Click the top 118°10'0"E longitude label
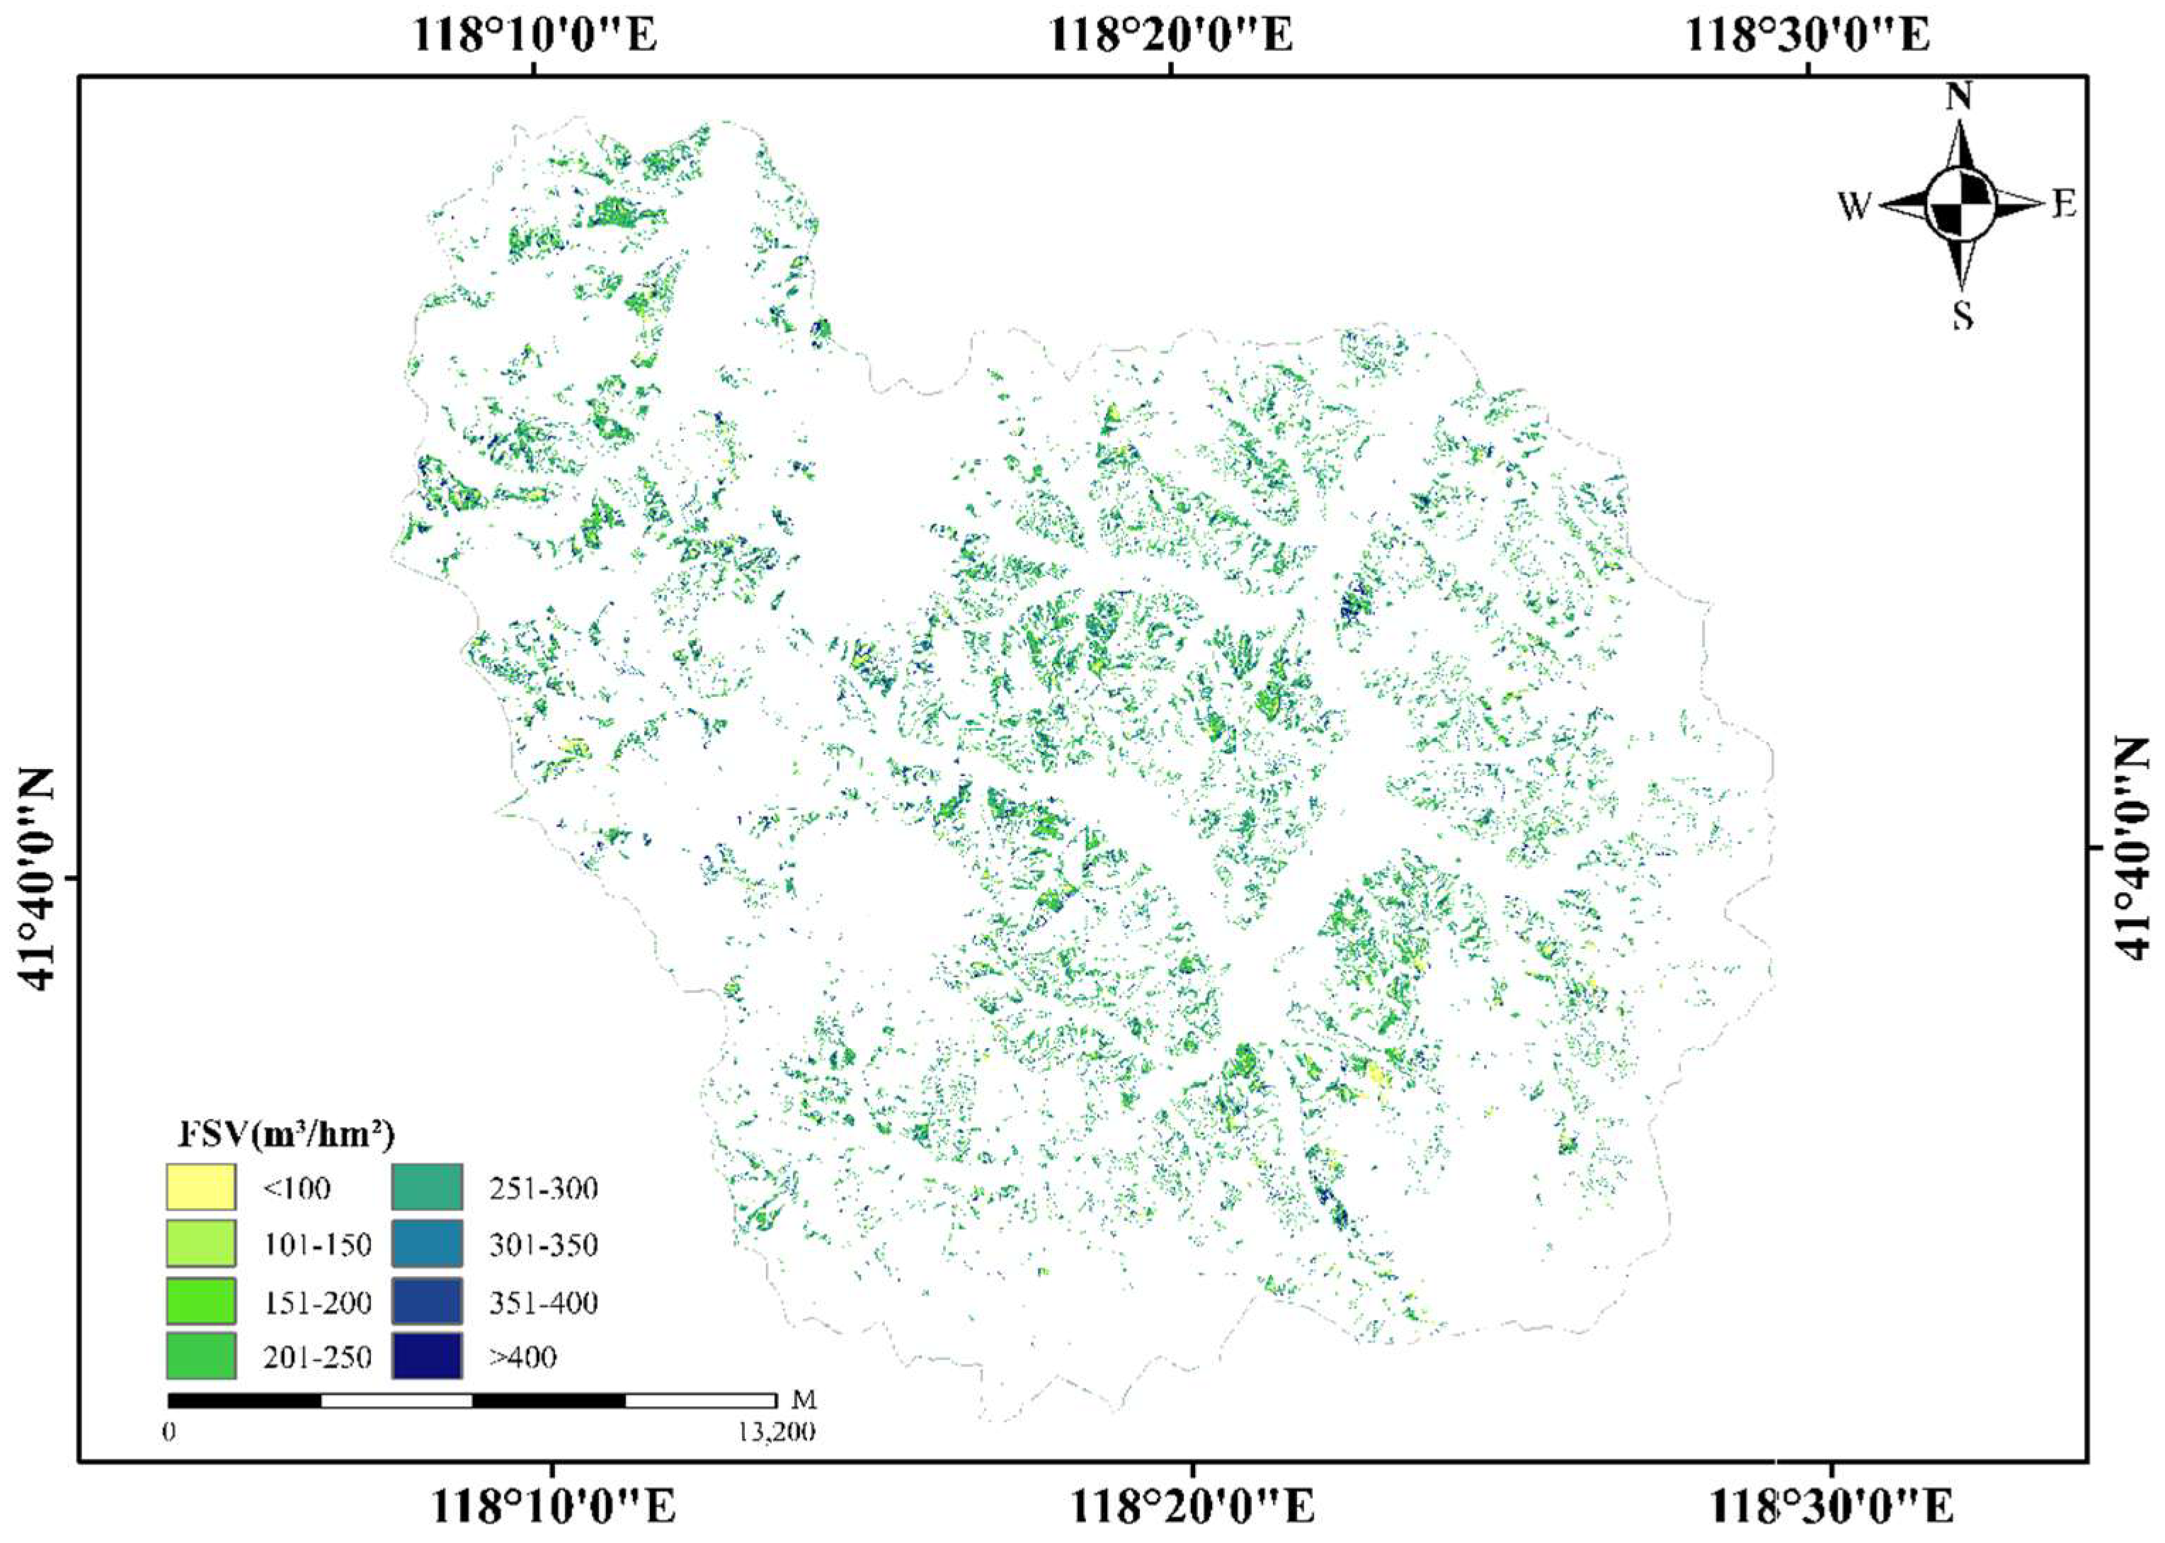pyautogui.click(x=534, y=35)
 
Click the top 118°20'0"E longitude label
pyautogui.click(x=1170, y=35)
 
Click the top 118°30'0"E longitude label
pyautogui.click(x=1807, y=35)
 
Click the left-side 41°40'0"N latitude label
pyautogui.click(x=38, y=878)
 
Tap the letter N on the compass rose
pyautogui.click(x=1959, y=97)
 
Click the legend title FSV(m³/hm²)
pyautogui.click(x=286, y=1134)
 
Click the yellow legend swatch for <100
pyautogui.click(x=200, y=1188)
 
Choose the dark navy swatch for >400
pyautogui.click(x=426, y=1356)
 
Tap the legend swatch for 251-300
pyautogui.click(x=426, y=1188)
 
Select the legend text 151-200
pyautogui.click(x=317, y=1302)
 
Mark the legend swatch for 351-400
pyautogui.click(x=426, y=1301)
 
